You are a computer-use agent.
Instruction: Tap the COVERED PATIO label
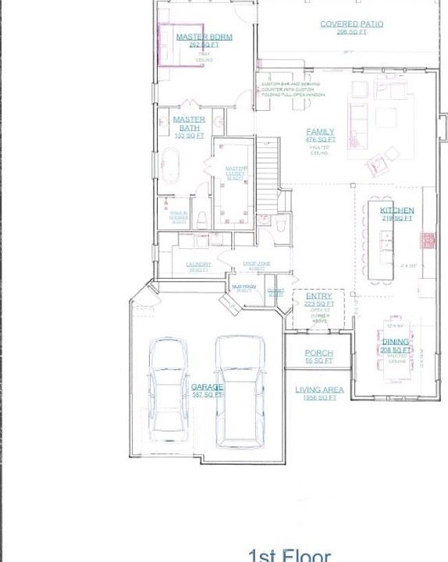[351, 24]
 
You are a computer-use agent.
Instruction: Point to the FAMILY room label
[320, 132]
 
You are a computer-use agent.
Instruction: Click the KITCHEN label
[396, 211]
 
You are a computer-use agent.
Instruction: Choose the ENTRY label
[318, 297]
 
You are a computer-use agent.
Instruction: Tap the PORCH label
[318, 354]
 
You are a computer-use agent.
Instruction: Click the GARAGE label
[208, 386]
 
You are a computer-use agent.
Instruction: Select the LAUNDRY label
[198, 265]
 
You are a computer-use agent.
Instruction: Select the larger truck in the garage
[237, 390]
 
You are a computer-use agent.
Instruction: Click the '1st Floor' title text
[290, 555]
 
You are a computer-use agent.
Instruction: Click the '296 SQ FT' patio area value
[351, 33]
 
